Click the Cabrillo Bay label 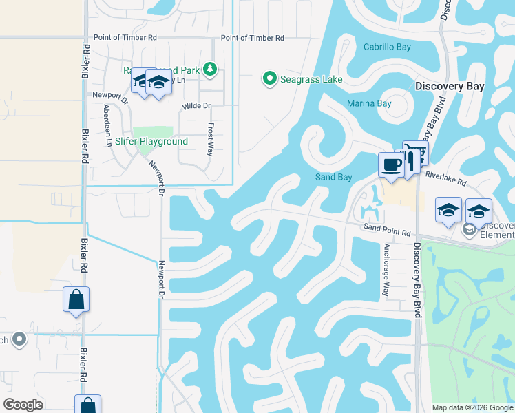click(x=387, y=47)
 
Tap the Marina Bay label click(x=369, y=104)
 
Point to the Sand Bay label click(x=334, y=177)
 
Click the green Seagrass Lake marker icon click(x=270, y=79)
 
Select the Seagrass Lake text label click(x=311, y=80)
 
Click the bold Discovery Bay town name click(x=450, y=87)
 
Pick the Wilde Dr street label click(x=196, y=106)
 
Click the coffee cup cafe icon click(x=391, y=165)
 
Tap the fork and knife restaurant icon click(x=408, y=161)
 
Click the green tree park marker click(x=210, y=69)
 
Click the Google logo click(x=23, y=405)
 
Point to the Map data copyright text click(x=472, y=407)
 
